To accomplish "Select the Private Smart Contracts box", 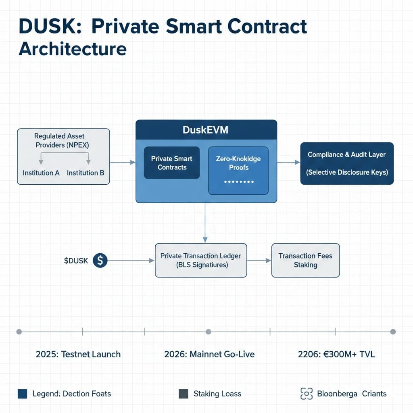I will point(172,163).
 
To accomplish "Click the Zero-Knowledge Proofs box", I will point(238,170).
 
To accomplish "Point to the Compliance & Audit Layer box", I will point(347,163).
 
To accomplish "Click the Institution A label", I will point(41,173).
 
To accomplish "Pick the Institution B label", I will point(86,173).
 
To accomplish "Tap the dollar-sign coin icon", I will point(100,261).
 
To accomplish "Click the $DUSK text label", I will point(76,261).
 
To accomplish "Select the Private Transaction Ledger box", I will point(200,260).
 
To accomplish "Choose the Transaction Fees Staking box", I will point(305,260).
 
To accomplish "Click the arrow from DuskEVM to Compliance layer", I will point(289,162).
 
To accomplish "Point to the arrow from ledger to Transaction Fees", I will point(259,261).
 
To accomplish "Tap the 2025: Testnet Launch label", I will point(78,355).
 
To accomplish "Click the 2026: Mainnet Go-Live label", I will point(209,355).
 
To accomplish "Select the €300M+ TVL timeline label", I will point(336,355).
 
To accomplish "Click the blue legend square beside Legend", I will point(23,394).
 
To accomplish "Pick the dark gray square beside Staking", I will point(183,394).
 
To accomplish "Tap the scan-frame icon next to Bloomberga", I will point(307,394).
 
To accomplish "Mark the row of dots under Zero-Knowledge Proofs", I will point(238,182).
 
